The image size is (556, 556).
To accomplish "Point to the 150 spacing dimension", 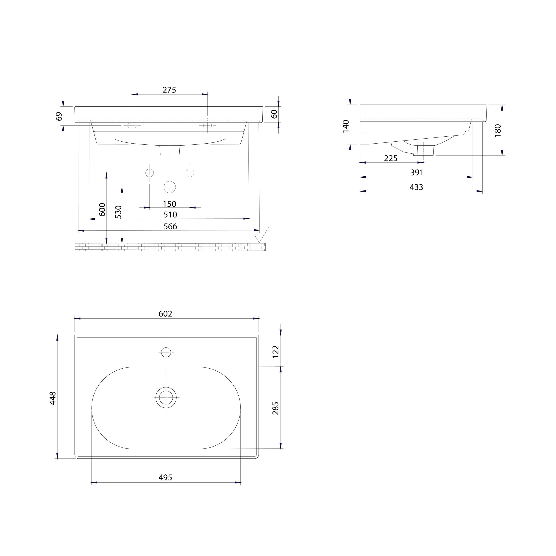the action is [x=169, y=204].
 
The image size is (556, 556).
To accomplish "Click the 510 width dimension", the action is [x=170, y=215].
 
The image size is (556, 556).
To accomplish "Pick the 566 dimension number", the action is [x=170, y=227].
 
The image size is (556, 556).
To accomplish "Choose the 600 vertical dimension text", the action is [x=102, y=210].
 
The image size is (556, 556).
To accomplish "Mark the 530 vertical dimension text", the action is [x=118, y=212].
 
